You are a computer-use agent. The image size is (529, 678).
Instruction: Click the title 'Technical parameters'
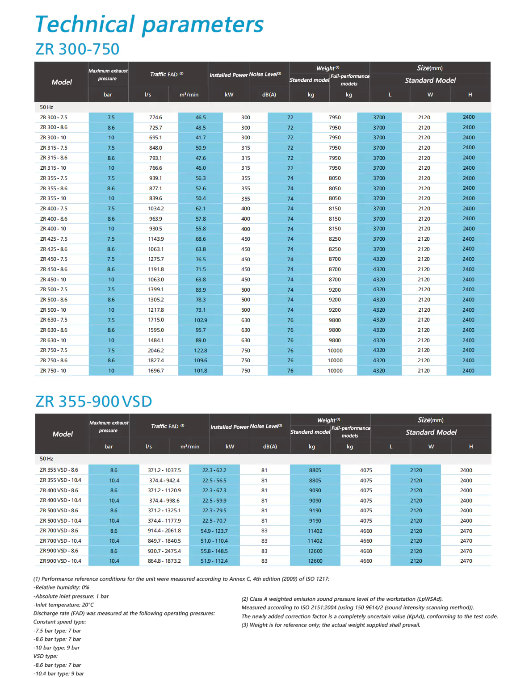pyautogui.click(x=149, y=25)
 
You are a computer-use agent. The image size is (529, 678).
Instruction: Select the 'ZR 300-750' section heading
pyautogui.click(x=77, y=49)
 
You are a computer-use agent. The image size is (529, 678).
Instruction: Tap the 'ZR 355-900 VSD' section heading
pyautogui.click(x=93, y=402)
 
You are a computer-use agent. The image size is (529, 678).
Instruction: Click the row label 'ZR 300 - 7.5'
pyautogui.click(x=54, y=117)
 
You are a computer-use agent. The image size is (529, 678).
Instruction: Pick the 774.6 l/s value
pyautogui.click(x=155, y=117)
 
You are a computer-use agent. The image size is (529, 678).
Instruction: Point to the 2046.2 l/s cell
pyautogui.click(x=156, y=351)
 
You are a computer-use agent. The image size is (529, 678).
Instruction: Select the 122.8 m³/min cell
pyautogui.click(x=201, y=351)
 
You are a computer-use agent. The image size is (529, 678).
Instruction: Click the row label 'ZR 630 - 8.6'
pyautogui.click(x=54, y=330)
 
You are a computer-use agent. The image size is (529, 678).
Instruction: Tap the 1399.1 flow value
pyautogui.click(x=156, y=289)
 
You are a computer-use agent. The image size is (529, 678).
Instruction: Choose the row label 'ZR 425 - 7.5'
pyautogui.click(x=54, y=239)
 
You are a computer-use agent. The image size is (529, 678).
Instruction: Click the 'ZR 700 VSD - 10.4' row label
pyautogui.click(x=60, y=541)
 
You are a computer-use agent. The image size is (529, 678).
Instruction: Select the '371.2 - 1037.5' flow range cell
pyautogui.click(x=164, y=470)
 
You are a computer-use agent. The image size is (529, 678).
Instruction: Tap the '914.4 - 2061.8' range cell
pyautogui.click(x=164, y=531)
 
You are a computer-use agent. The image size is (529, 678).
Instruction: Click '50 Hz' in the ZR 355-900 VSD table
pyautogui.click(x=46, y=459)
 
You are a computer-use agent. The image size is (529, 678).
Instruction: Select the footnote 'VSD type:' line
pyautogui.click(x=46, y=656)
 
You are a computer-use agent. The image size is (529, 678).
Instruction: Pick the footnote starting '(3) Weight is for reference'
pyautogui.click(x=331, y=625)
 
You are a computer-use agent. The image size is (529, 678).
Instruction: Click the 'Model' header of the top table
pyautogui.click(x=62, y=82)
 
